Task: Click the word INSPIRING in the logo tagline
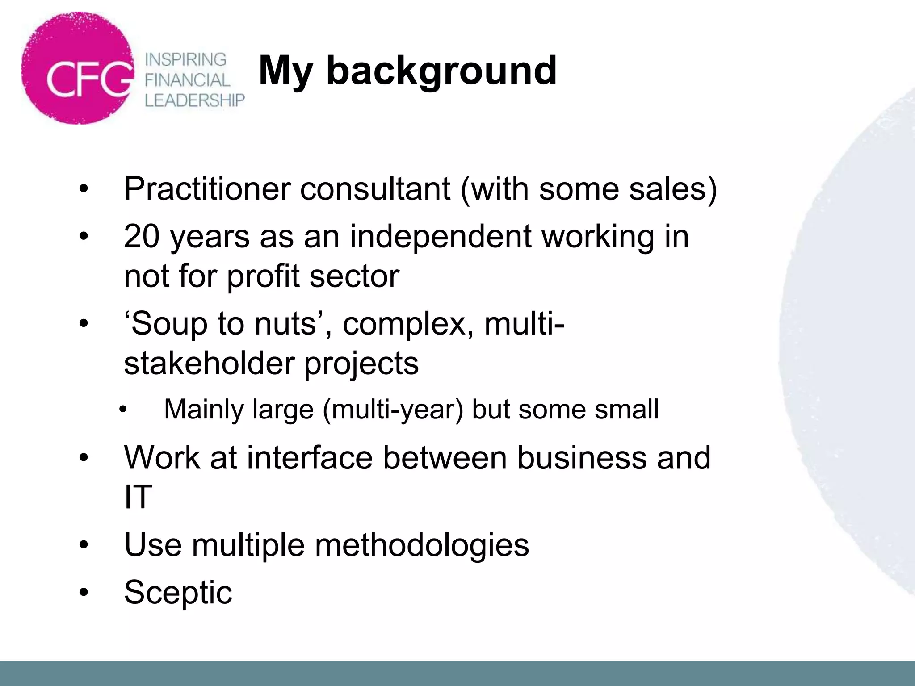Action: tap(186, 59)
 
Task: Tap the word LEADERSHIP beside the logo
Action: tap(194, 100)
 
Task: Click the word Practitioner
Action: tap(207, 189)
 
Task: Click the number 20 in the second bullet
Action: tap(142, 236)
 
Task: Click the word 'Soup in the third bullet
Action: tap(165, 323)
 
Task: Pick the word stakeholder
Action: tap(209, 363)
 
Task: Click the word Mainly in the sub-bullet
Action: tap(203, 409)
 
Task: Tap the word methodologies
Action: tap(422, 545)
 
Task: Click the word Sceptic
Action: tap(178, 592)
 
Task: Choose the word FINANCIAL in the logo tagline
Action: tap(187, 80)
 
